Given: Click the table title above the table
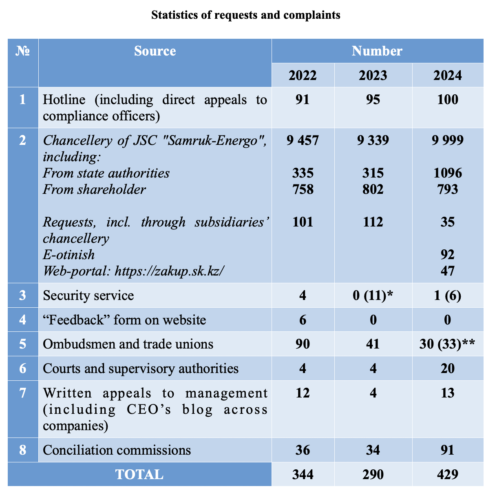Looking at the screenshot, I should click(245, 15).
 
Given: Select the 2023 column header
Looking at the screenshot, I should click(373, 76).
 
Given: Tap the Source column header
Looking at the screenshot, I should click(155, 51).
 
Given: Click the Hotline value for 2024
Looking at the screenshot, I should click(448, 100).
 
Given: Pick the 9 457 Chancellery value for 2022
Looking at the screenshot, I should click(303, 140).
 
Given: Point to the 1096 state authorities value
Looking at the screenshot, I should click(448, 173).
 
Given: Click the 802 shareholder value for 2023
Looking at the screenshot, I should click(373, 189).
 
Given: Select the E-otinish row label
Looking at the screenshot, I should click(68, 255).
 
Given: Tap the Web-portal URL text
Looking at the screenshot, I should click(134, 271).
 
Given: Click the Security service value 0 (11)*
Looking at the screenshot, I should click(373, 295).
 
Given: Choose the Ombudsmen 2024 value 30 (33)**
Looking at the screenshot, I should click(448, 344).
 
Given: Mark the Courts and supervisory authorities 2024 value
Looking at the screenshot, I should click(448, 369).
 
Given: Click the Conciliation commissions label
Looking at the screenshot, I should click(117, 450).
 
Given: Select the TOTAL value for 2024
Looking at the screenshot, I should click(448, 475).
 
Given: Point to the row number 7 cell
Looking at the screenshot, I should click(23, 393).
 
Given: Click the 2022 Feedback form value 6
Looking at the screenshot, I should click(303, 320).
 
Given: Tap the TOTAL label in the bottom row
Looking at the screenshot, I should click(139, 475).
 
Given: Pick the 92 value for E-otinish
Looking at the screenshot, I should click(448, 255).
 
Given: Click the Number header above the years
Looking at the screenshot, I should click(377, 51).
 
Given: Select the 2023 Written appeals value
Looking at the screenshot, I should click(373, 393).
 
